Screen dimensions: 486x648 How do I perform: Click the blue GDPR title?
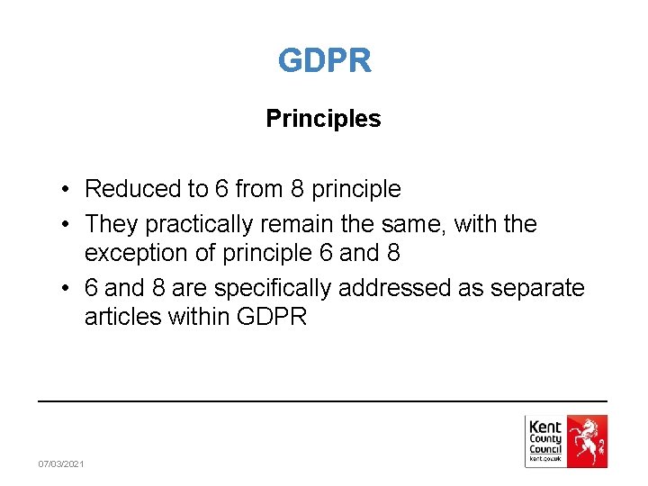click(324, 61)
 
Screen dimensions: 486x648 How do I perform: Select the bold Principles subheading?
click(323, 119)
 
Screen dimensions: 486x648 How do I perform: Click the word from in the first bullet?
click(259, 189)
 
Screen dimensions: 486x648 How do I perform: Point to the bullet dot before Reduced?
click(67, 190)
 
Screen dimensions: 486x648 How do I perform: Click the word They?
click(110, 223)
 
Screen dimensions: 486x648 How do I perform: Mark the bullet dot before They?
click(67, 224)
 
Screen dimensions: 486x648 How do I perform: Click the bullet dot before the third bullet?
click(67, 289)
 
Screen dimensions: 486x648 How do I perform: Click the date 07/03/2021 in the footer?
click(61, 463)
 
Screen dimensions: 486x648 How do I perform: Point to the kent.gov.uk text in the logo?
click(544, 459)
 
